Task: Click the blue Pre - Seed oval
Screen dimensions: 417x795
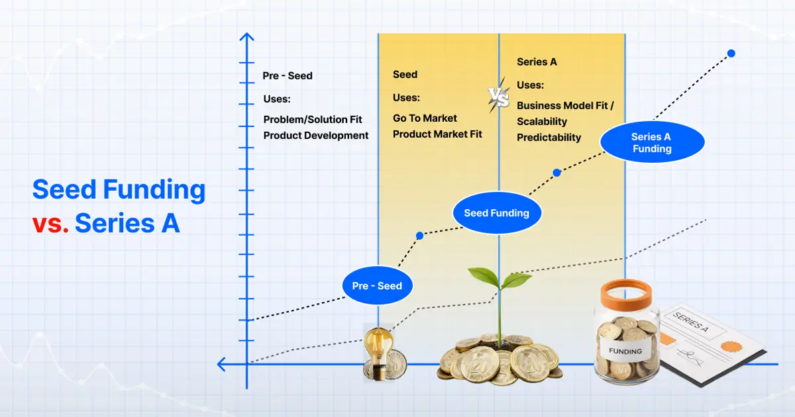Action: pos(377,286)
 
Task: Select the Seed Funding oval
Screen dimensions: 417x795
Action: pos(496,213)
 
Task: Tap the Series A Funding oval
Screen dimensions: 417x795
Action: pos(652,143)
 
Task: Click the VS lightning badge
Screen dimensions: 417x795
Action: pos(499,97)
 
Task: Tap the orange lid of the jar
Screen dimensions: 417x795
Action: pos(626,291)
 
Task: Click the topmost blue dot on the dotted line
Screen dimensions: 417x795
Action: pos(731,53)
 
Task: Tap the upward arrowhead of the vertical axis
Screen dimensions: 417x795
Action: pos(247,38)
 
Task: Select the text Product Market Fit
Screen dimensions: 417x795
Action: pos(437,134)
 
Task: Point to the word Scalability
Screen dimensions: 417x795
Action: pos(542,122)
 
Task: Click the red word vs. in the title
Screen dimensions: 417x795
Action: pos(50,224)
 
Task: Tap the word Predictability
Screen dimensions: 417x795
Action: pos(549,138)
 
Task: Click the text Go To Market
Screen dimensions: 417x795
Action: pos(425,118)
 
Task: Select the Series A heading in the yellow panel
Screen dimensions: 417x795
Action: pos(537,62)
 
